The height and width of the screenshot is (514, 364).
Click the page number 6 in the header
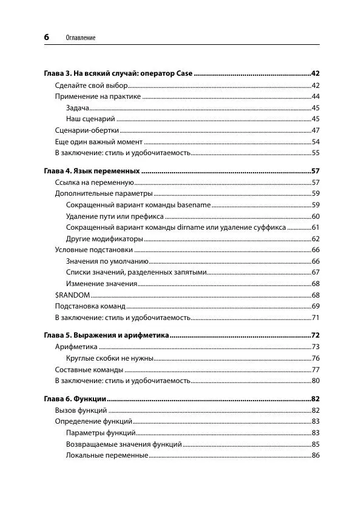(46, 37)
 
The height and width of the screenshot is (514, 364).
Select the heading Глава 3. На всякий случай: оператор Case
(118, 73)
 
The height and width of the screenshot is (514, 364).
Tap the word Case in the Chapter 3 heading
(184, 73)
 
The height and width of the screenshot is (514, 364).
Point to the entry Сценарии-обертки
(87, 130)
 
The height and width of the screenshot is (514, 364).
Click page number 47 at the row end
(315, 130)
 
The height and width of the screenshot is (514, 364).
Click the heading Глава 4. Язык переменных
(92, 170)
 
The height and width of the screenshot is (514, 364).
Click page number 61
(315, 227)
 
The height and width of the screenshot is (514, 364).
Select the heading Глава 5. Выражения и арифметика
(106, 335)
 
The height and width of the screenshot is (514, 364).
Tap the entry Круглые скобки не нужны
(109, 358)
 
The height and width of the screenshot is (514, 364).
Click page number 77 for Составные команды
(315, 369)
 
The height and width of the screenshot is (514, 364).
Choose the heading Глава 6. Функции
(76, 399)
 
